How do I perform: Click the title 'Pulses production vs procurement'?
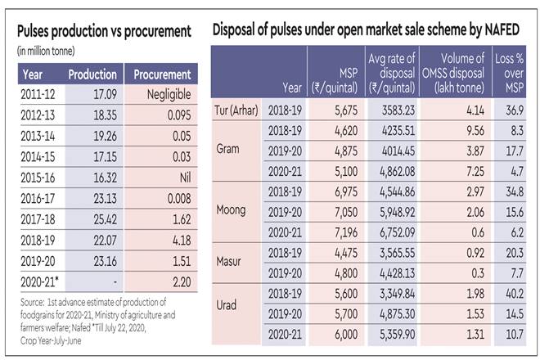(x=104, y=31)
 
